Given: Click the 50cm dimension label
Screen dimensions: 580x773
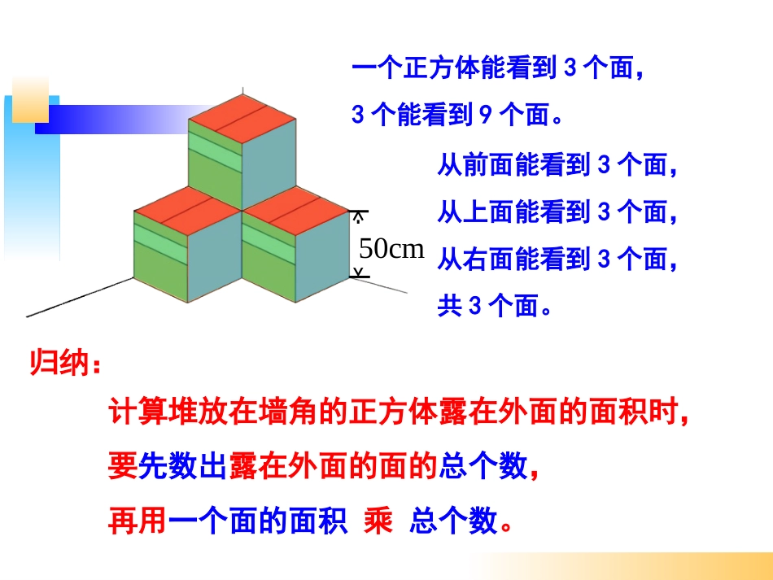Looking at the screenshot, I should [391, 249].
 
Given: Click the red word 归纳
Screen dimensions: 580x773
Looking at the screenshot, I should [61, 364].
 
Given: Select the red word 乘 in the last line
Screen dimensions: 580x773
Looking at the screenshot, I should [378, 521].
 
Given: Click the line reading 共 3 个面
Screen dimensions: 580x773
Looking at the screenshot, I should [495, 307].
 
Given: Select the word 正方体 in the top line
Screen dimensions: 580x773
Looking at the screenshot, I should [442, 70].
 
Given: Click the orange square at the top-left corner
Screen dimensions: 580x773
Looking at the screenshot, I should [30, 99].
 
